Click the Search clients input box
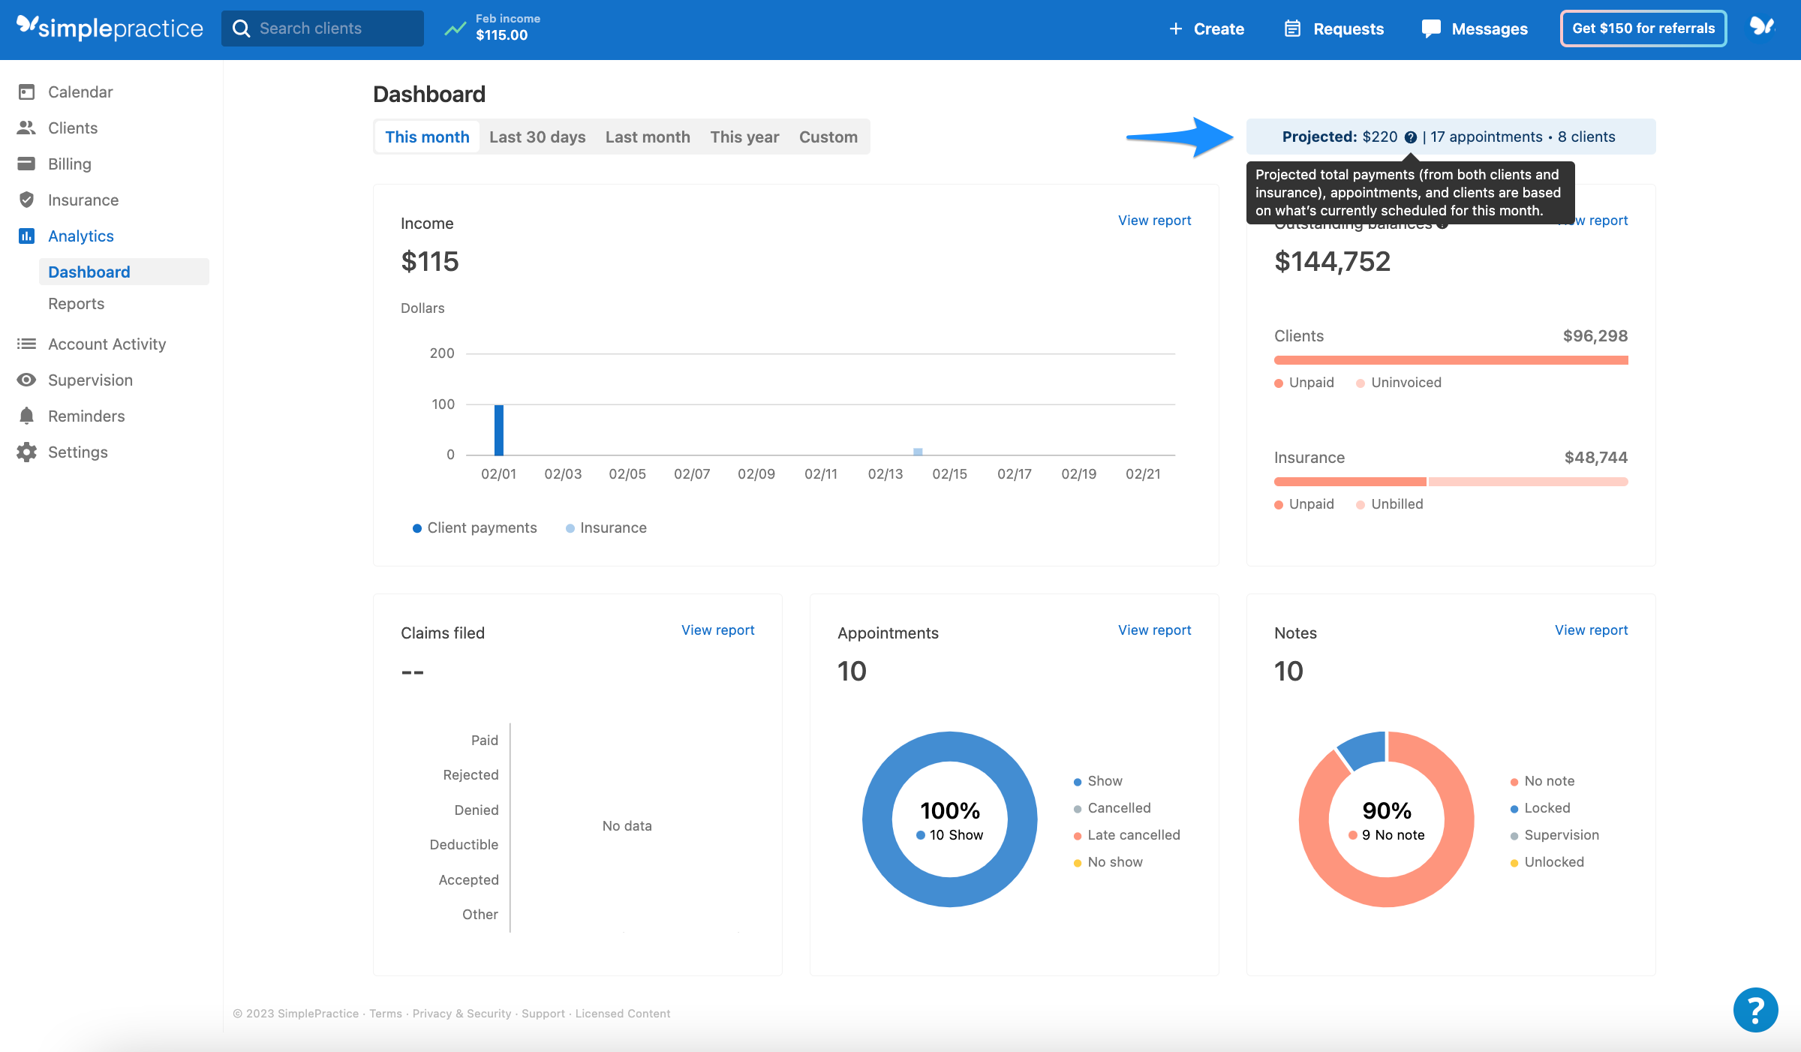click(323, 29)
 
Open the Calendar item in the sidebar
click(80, 92)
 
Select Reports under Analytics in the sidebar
click(76, 304)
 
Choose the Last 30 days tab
click(537, 137)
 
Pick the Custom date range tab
click(828, 137)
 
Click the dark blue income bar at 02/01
click(499, 430)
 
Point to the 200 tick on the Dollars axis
click(442, 353)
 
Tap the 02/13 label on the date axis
click(885, 474)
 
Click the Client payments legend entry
click(481, 528)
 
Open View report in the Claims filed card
click(717, 630)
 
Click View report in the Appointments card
click(1154, 630)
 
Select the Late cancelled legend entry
click(1133, 835)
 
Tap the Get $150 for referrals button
click(1643, 29)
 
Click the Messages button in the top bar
click(1475, 29)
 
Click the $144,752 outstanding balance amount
click(1332, 262)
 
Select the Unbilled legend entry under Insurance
click(1396, 504)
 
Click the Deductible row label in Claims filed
click(464, 845)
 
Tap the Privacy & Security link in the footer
click(462, 1014)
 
